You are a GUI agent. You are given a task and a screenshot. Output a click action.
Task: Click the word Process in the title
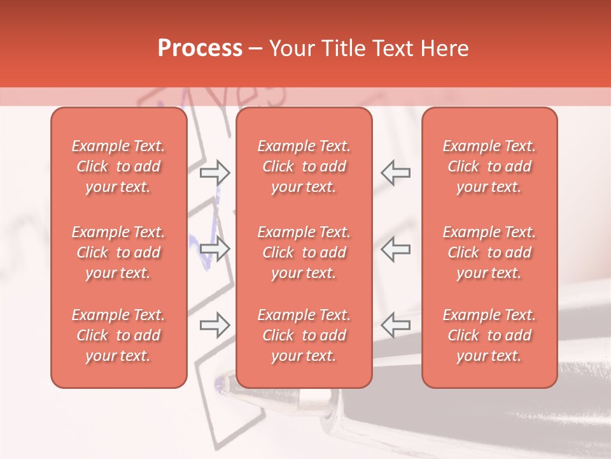tap(200, 48)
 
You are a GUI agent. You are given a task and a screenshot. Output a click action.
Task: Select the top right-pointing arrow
tap(215, 173)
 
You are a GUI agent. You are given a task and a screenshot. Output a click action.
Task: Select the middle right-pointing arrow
tap(215, 249)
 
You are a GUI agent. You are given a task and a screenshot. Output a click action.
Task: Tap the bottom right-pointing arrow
tap(215, 326)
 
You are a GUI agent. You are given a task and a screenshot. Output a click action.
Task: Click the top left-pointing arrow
tap(395, 173)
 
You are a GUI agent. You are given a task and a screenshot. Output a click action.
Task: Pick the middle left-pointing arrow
tap(395, 249)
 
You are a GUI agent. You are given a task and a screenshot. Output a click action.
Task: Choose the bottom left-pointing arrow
tap(395, 326)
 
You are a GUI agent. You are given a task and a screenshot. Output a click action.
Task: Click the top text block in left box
tap(118, 166)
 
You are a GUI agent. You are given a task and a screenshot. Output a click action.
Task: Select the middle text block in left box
tap(118, 252)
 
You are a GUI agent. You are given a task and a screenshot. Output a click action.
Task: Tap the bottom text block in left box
tap(118, 335)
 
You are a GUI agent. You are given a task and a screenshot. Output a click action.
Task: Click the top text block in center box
tap(304, 166)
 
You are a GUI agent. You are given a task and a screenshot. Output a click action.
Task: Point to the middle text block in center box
tap(304, 252)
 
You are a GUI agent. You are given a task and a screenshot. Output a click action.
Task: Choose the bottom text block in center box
tap(304, 335)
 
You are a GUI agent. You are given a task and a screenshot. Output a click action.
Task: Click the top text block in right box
tap(489, 166)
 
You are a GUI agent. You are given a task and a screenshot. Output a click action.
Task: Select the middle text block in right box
tap(489, 252)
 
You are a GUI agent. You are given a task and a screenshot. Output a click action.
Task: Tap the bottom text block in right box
tap(489, 335)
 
